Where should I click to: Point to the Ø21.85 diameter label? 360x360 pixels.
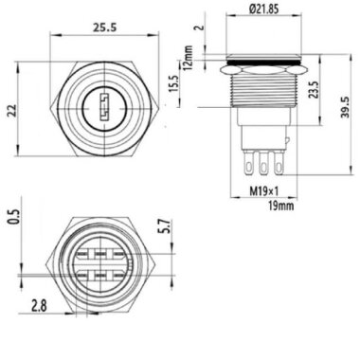(x=264, y=10)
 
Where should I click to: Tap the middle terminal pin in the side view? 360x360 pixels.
(x=261, y=162)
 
